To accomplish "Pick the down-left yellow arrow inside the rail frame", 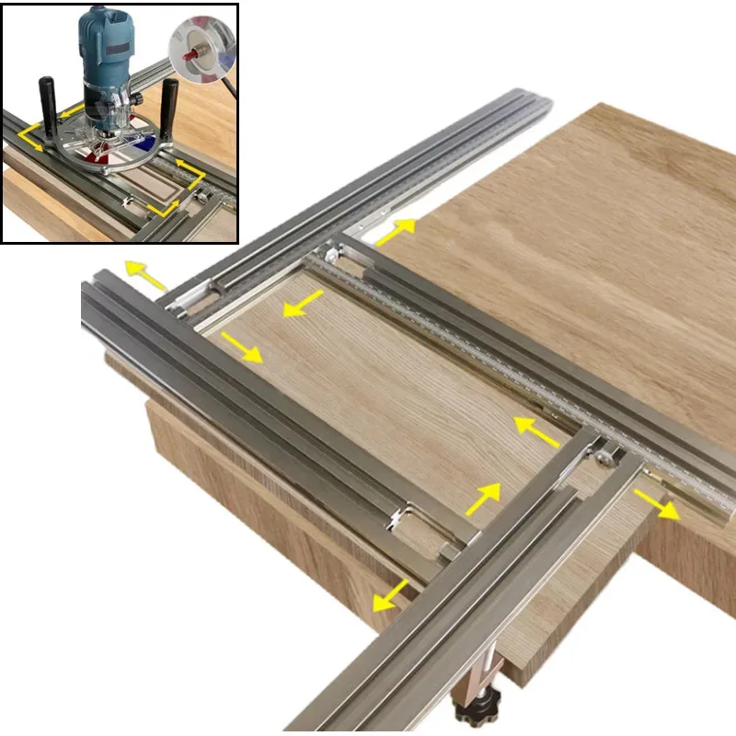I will click(x=303, y=305).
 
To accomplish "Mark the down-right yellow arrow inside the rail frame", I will click(x=242, y=346).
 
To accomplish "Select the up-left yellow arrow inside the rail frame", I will click(x=537, y=429).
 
